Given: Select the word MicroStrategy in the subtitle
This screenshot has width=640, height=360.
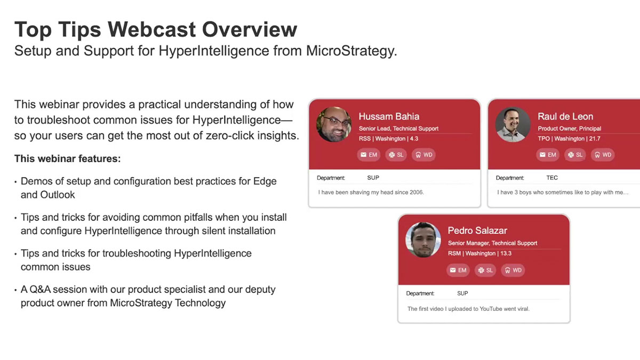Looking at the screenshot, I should pos(350,51).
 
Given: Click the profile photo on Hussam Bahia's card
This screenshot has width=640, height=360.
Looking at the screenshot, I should pos(334,124).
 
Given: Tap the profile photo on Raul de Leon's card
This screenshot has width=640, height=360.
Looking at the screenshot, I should pos(513,124).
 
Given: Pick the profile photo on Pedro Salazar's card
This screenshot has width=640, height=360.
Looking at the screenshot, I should pos(423,239).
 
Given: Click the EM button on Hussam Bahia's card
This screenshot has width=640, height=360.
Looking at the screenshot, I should pos(368,155).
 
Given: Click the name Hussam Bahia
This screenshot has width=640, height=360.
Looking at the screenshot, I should pos(389,116).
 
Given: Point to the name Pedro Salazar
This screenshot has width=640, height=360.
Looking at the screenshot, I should pos(477,230).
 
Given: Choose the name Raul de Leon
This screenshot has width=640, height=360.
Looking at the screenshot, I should pos(565,116).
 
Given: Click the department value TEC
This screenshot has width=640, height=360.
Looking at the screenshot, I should pos(552,178).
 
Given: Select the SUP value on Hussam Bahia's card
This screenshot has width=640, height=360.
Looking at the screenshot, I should pos(373,178).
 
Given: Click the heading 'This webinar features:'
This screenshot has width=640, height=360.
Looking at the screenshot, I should pos(68,159).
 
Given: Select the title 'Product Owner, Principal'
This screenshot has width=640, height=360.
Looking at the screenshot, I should pos(569,129).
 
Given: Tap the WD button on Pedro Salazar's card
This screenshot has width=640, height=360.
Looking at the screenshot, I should pos(513,270).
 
